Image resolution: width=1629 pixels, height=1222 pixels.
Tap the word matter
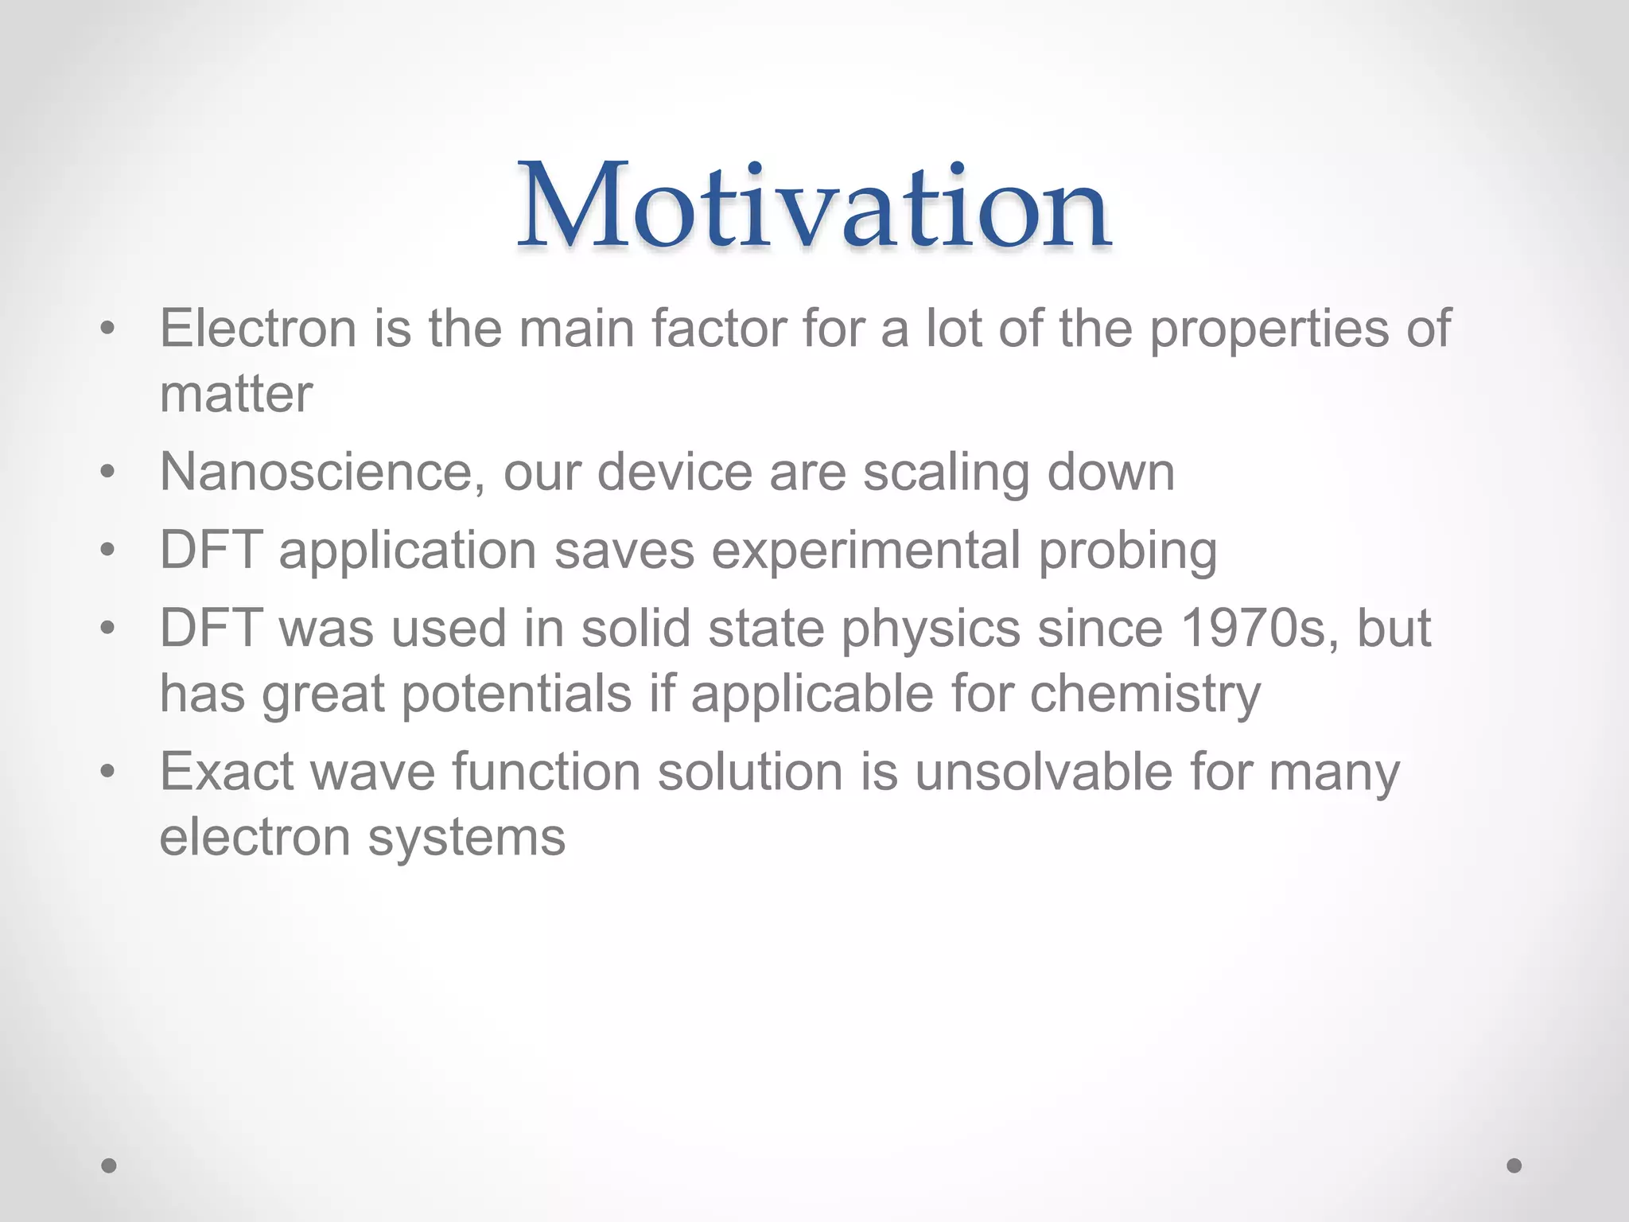(x=236, y=394)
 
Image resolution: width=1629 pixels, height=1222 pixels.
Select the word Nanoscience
(x=322, y=472)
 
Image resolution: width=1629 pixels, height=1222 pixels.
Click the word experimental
(x=865, y=551)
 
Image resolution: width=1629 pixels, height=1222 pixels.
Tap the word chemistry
(x=1145, y=694)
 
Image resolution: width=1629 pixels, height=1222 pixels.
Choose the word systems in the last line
(x=466, y=839)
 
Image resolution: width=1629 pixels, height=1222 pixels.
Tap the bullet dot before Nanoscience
(x=108, y=473)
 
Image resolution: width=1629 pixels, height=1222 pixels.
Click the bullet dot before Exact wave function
(x=108, y=772)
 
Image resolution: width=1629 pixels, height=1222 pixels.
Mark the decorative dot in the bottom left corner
(x=109, y=1166)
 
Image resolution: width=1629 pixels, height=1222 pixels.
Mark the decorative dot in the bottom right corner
(x=1514, y=1166)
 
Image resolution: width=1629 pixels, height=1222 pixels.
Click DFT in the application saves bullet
(x=211, y=550)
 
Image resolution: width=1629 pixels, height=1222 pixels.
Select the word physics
(x=931, y=629)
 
